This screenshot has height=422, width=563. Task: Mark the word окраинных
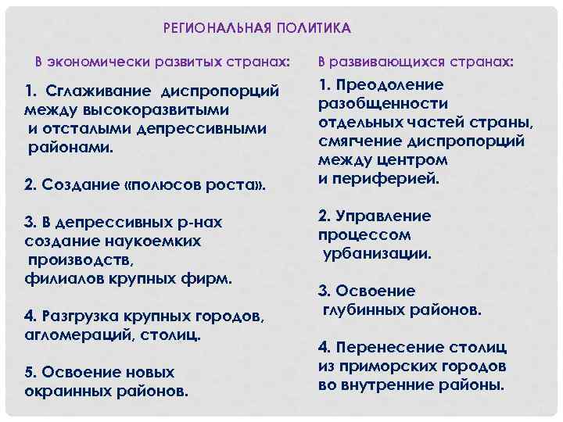click(x=65, y=390)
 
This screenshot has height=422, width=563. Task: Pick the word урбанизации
click(x=377, y=253)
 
